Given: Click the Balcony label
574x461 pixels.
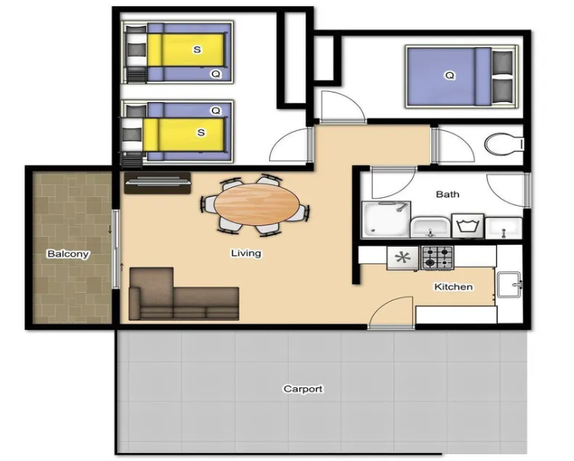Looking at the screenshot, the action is (x=68, y=254).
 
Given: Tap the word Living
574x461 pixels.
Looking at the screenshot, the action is (x=246, y=253).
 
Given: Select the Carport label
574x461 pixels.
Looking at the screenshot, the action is (x=303, y=389).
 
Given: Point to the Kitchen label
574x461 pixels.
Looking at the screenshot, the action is (x=453, y=287).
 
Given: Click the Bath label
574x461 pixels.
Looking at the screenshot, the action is (x=448, y=194).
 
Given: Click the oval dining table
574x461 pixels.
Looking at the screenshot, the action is (x=257, y=205).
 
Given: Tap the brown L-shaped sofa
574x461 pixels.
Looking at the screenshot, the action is (x=184, y=294).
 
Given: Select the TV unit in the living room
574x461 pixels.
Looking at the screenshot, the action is (x=157, y=183).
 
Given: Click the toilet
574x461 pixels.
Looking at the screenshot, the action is (x=504, y=144).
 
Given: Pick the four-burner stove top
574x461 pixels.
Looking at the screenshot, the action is (x=437, y=258).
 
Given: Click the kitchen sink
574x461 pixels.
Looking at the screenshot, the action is (x=509, y=285).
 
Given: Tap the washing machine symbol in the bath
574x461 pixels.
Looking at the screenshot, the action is (x=467, y=226).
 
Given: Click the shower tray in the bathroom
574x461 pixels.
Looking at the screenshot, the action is (x=386, y=219).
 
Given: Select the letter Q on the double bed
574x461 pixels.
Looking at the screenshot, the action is (x=449, y=76).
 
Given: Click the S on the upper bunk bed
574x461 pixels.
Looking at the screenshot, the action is (x=197, y=49).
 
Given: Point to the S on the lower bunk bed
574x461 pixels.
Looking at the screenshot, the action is (x=201, y=132).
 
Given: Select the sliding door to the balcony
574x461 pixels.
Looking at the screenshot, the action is (x=115, y=249).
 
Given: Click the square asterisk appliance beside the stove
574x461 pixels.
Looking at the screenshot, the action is (x=403, y=258).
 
